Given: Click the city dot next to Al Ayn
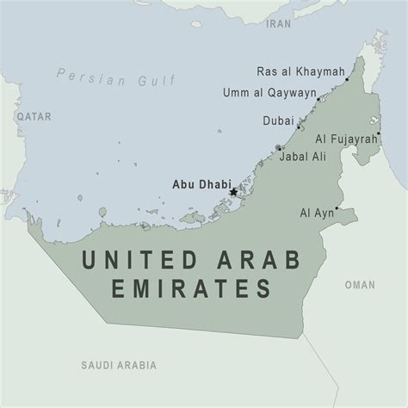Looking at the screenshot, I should tap(337, 208).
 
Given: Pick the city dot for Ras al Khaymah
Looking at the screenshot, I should tap(346, 78).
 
